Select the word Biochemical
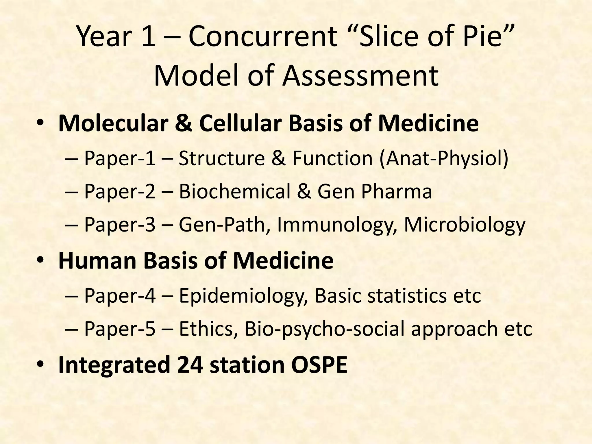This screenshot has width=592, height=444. click(234, 191)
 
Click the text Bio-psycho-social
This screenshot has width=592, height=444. click(325, 329)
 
